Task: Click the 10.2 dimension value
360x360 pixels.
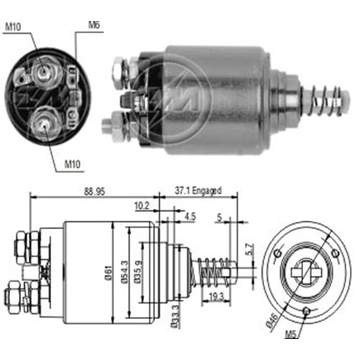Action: coord(143,204)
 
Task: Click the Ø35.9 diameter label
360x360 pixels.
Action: coord(142,272)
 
